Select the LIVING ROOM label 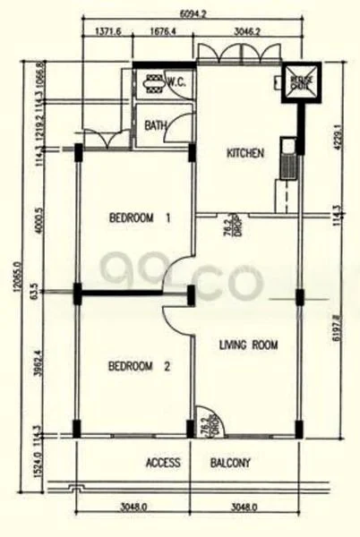[248, 344]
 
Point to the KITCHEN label [244, 154]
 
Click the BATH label [155, 126]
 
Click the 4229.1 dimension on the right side [337, 140]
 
